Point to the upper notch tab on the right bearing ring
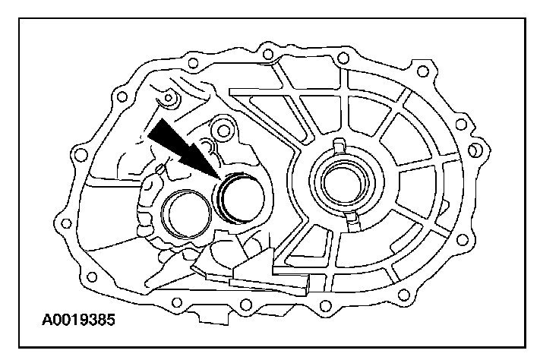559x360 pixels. (x=340, y=145)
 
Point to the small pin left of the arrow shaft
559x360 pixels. (x=160, y=167)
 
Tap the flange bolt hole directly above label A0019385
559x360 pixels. (x=90, y=274)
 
